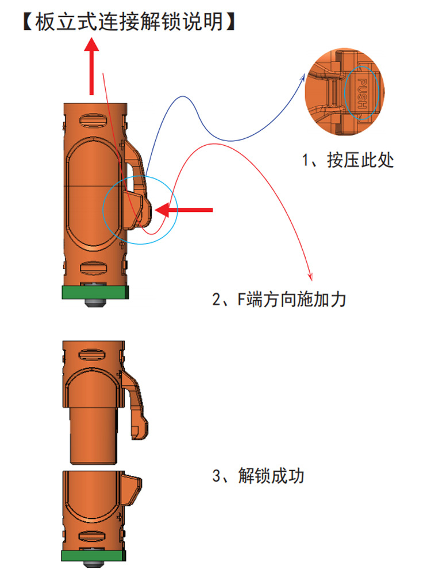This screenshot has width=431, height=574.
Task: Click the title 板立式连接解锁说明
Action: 129,22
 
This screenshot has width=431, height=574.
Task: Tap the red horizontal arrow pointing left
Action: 184,210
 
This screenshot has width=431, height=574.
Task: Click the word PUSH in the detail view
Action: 362,94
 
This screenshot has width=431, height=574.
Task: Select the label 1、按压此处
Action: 348,160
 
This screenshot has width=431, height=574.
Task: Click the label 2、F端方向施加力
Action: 279,300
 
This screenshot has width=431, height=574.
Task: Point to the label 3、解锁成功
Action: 259,475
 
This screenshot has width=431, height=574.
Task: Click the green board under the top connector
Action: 95,292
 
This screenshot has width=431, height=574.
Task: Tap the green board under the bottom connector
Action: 94,556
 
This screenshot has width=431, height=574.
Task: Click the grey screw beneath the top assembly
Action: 95,302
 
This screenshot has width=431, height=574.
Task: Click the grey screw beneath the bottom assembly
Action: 94,564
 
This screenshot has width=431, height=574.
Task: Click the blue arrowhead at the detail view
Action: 303,77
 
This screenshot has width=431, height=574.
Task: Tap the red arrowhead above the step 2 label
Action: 310,277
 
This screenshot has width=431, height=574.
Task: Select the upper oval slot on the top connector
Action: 93,121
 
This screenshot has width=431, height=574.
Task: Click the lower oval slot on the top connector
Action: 93,267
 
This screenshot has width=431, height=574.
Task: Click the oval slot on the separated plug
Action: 92,355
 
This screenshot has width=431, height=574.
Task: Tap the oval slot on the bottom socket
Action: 92,537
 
